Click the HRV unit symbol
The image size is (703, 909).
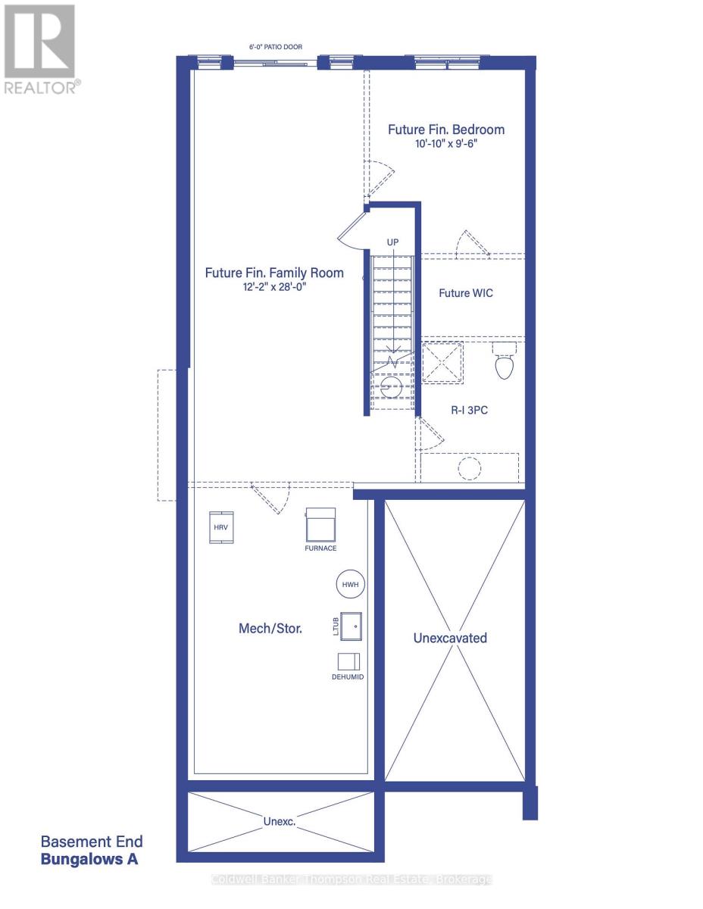tap(220, 527)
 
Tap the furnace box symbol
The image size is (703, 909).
tap(320, 524)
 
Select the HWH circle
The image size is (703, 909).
tap(351, 584)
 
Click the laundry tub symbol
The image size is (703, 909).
tap(351, 626)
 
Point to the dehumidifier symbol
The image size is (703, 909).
tap(348, 661)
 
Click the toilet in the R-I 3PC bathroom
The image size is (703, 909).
tap(504, 361)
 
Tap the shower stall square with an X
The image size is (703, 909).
tap(442, 362)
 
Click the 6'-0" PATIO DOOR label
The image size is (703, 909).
tap(276, 47)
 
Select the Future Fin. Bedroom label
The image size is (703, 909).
tap(446, 130)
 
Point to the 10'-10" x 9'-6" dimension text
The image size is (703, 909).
tap(446, 143)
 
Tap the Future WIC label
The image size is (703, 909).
tap(465, 293)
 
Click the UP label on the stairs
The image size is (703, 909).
tap(392, 242)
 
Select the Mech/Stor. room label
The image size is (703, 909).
tap(270, 628)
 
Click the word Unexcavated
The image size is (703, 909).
tap(450, 638)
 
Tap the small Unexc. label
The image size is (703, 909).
tap(279, 821)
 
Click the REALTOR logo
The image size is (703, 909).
tap(40, 49)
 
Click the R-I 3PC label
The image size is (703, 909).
tap(469, 410)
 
